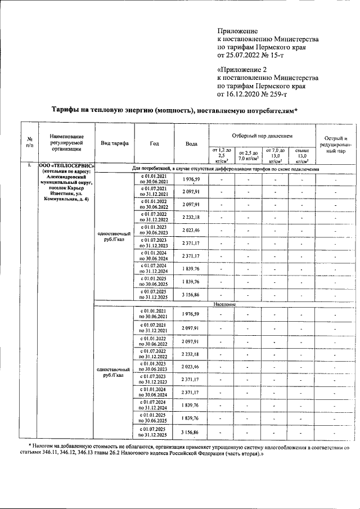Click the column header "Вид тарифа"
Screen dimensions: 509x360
pos(114,143)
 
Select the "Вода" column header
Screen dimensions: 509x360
pos(191,143)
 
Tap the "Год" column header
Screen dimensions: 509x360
pos(154,143)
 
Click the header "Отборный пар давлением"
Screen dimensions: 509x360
pos(260,137)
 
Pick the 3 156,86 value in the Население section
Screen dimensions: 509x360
pos(191,431)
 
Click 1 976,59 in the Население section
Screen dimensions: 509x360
pos(191,314)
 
